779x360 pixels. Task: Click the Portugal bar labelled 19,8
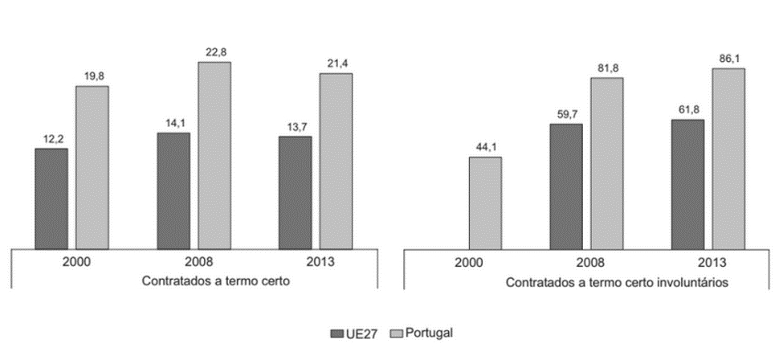[92, 167]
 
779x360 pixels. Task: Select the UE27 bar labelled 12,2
[51, 198]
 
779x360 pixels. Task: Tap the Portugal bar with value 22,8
[214, 155]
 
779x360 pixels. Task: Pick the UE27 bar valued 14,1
[173, 190]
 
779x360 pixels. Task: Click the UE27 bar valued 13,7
[295, 192]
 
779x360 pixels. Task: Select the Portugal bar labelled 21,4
[336, 161]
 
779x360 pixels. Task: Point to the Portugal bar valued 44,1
[485, 202]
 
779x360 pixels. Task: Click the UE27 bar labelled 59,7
[566, 186]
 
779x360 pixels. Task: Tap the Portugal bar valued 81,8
[607, 163]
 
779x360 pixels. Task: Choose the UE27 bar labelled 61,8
[688, 184]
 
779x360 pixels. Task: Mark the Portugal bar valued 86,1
[728, 158]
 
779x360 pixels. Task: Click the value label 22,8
[214, 52]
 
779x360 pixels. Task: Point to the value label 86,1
[728, 59]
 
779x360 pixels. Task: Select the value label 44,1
[485, 148]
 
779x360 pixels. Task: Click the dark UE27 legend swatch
[335, 332]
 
